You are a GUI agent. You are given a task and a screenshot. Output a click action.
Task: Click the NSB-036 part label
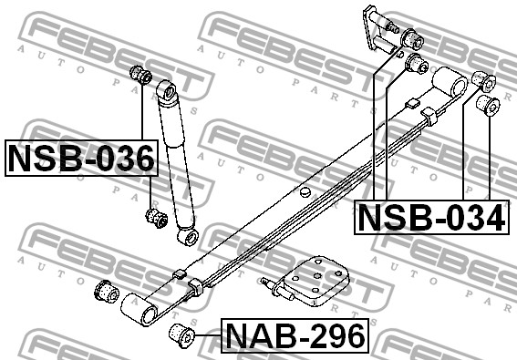pos(81,158)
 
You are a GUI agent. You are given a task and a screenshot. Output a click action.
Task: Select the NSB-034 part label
pos(431,217)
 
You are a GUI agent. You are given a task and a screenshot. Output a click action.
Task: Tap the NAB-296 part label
pos(295,335)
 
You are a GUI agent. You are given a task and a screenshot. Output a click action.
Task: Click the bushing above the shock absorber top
pos(140,75)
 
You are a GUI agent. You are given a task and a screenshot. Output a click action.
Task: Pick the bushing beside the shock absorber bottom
pos(156,218)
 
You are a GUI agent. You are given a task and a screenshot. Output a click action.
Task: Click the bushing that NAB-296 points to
pos(181,335)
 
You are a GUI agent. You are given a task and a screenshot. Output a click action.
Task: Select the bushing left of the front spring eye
pos(106,291)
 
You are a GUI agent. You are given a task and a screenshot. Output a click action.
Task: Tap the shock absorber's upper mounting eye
pos(168,90)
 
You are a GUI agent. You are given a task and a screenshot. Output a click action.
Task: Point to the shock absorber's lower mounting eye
pos(188,236)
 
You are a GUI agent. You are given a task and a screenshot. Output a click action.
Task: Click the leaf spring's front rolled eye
pos(139,310)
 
